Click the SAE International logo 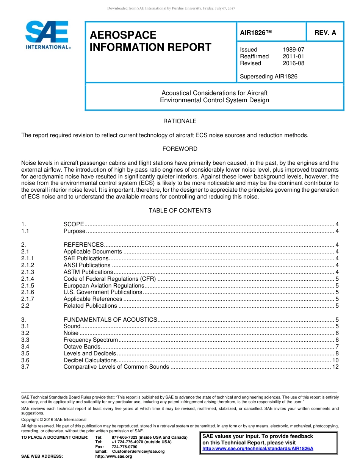pos(47,35)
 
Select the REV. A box pos(325,33)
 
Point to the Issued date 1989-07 pos(293,50)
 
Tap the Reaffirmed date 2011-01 pos(293,56)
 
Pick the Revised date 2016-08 pos(293,63)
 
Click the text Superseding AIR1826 pos(269,77)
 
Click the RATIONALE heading pos(180,121)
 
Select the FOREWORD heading pos(180,149)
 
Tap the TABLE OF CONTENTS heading pos(180,211)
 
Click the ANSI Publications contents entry pos(87,265)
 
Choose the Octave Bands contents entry pos(82,347)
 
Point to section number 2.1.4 pos(28,279)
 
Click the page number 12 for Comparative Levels pos(335,367)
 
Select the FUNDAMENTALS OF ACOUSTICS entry pos(110,320)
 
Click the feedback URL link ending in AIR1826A pos(258,449)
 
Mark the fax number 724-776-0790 pos(124,447)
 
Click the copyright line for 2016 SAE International pos(54,420)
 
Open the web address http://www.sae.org pos(113,457)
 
